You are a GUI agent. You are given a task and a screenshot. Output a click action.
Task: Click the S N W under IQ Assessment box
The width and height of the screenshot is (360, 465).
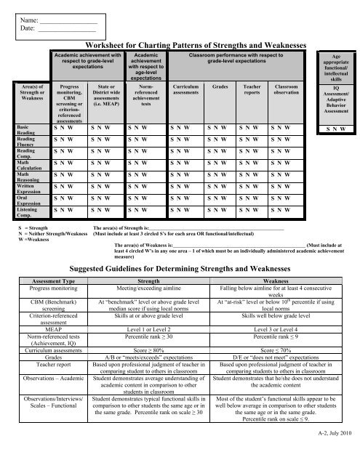point(335,130)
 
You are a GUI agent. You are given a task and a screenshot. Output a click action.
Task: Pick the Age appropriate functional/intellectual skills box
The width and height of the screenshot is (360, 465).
point(335,69)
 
